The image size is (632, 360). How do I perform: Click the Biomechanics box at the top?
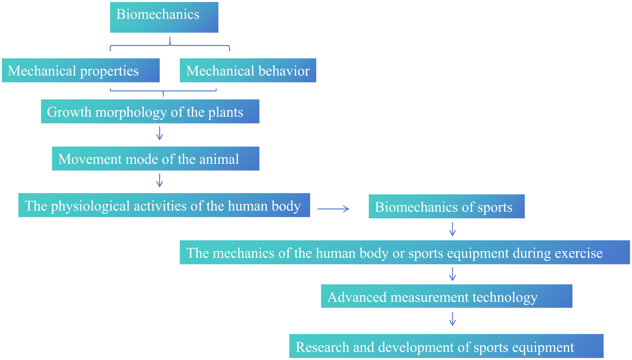164,17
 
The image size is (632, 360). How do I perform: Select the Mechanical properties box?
81,70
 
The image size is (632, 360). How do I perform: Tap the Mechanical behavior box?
248,70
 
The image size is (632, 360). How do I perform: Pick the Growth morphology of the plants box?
150,111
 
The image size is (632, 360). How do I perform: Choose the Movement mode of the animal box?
156,159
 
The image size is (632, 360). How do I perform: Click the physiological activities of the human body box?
164,205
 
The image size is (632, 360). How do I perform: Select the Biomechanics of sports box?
447,206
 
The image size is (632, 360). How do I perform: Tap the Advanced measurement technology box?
447,296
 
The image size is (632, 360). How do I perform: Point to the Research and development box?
446,346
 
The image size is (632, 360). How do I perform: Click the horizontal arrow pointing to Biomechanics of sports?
333,209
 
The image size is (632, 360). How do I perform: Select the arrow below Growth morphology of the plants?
160,133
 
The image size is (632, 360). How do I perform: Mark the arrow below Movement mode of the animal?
160,180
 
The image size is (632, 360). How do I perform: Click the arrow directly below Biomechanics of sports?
452,229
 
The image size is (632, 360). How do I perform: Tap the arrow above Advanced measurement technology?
452,274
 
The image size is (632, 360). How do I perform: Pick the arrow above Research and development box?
452,319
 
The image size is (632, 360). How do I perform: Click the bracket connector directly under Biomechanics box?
170,46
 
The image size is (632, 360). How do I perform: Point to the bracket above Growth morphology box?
163,91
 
